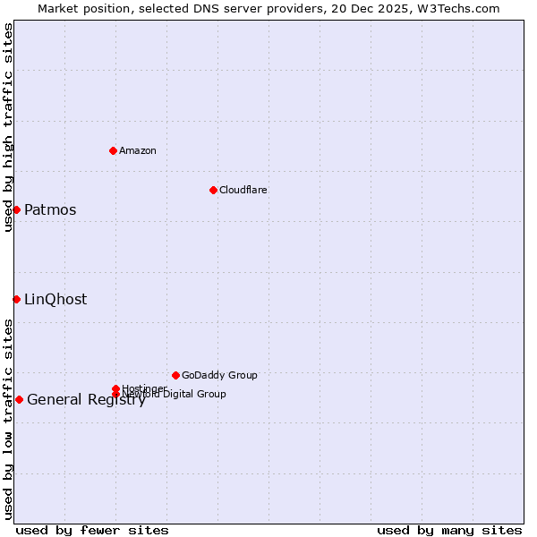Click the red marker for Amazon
pos(114,150)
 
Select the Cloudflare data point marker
pos(213,190)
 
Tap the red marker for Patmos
pos(16,209)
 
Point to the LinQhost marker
pos(16,299)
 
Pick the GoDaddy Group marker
pos(175,375)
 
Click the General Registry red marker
pos(19,399)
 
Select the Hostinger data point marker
pos(115,388)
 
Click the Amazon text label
pos(138,150)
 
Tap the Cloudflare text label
pos(243,190)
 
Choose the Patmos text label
pos(50,210)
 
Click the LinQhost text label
pos(55,300)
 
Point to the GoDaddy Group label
pos(219,375)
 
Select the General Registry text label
pos(86,400)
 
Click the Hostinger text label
pos(144,388)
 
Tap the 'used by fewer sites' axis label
pos(92,531)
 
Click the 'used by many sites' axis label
pos(449,531)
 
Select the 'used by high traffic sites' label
pos(8,127)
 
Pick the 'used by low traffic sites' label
pos(8,419)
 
